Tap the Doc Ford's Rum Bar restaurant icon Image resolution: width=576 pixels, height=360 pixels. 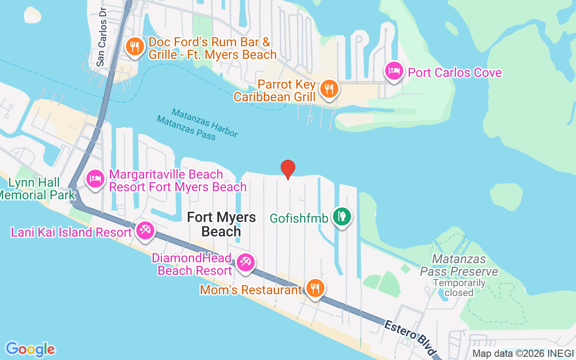[x=134, y=47]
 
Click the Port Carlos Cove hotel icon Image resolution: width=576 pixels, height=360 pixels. [x=394, y=71]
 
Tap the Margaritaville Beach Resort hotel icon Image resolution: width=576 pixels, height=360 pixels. [x=95, y=179]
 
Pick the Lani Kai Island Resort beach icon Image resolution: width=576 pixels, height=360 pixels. [x=145, y=231]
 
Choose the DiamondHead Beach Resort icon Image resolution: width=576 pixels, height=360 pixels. [x=245, y=262]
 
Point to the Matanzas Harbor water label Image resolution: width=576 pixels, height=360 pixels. [x=205, y=122]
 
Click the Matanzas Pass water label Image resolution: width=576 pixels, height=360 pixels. [x=186, y=127]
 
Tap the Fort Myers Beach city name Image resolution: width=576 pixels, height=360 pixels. [x=221, y=224]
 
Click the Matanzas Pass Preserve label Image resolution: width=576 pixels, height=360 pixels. [x=459, y=265]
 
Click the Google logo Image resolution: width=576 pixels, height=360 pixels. [x=30, y=349]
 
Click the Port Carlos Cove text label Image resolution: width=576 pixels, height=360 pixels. [x=454, y=72]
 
